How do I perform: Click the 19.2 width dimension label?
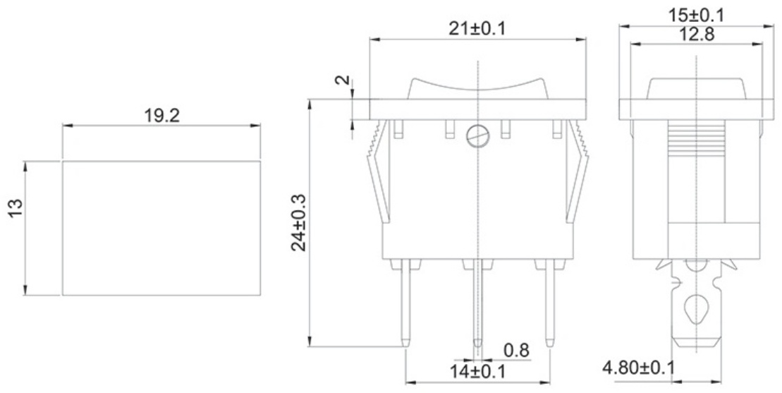pyautogui.click(x=161, y=116)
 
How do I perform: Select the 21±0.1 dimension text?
pyautogui.click(x=477, y=28)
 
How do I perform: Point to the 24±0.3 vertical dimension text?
pyautogui.click(x=300, y=222)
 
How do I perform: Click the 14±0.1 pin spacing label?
pyautogui.click(x=477, y=372)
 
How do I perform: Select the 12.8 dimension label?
pyautogui.click(x=697, y=34)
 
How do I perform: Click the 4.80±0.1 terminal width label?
pyautogui.click(x=638, y=368)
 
